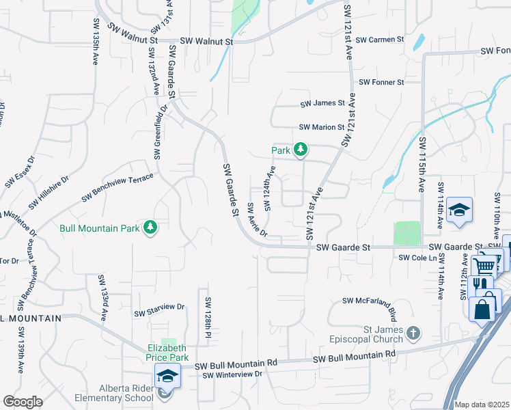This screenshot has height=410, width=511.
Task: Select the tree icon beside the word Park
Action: pyautogui.click(x=300, y=150)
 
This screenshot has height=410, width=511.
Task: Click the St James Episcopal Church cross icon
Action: pyautogui.click(x=413, y=333)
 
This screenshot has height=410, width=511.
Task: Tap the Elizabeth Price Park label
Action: pyautogui.click(x=167, y=351)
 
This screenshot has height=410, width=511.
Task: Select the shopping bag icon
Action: pyautogui.click(x=482, y=308)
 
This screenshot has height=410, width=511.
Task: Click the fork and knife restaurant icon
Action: pyautogui.click(x=483, y=284)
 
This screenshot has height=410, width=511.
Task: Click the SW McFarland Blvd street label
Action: pyautogui.click(x=370, y=301)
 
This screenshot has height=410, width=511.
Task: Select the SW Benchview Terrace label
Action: pyautogui.click(x=118, y=188)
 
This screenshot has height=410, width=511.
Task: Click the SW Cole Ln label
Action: pyautogui.click(x=417, y=258)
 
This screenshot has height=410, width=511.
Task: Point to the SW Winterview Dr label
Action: pyautogui.click(x=232, y=374)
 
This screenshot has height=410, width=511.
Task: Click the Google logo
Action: pyautogui.click(x=23, y=401)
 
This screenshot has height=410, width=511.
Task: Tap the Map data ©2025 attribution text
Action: pyautogui.click(x=482, y=405)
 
